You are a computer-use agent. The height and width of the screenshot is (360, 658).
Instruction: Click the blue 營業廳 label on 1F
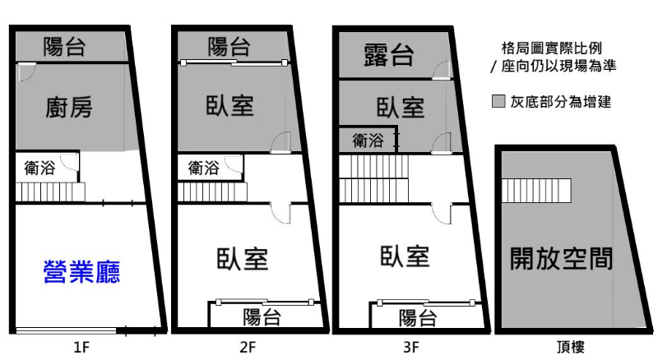[81, 272]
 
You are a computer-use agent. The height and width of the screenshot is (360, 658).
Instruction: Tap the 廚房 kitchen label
[69, 107]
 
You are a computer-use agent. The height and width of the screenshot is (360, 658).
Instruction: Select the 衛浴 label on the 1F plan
[40, 169]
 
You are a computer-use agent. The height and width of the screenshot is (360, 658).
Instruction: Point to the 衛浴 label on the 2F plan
[203, 168]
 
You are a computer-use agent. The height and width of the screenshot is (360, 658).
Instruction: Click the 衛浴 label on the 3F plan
[368, 140]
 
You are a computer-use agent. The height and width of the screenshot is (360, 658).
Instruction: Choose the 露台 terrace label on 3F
[388, 56]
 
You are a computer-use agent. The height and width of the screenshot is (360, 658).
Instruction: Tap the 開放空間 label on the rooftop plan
[562, 259]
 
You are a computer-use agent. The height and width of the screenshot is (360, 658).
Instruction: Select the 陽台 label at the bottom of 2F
[263, 317]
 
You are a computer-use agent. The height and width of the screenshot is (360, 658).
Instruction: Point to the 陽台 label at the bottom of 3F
[417, 318]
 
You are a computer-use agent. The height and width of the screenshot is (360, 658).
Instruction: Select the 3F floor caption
[411, 348]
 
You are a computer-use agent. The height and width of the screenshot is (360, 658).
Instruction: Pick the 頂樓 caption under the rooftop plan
[569, 348]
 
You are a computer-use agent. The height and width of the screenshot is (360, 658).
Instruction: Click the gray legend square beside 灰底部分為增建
[498, 103]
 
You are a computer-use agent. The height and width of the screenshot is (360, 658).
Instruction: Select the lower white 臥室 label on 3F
[405, 256]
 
